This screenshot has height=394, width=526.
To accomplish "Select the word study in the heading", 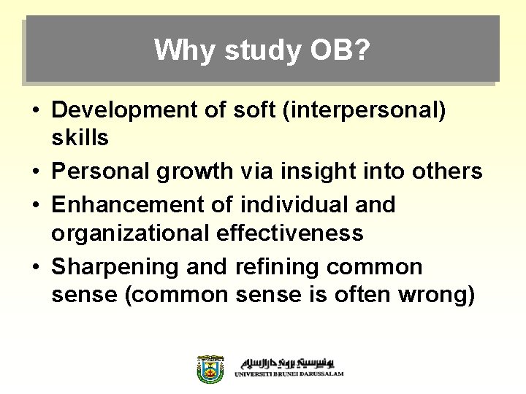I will (x=259, y=50).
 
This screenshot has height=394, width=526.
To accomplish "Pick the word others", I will (x=446, y=171).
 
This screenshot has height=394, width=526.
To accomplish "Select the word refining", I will (x=278, y=266).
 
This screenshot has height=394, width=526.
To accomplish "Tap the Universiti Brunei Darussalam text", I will (x=289, y=374).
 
